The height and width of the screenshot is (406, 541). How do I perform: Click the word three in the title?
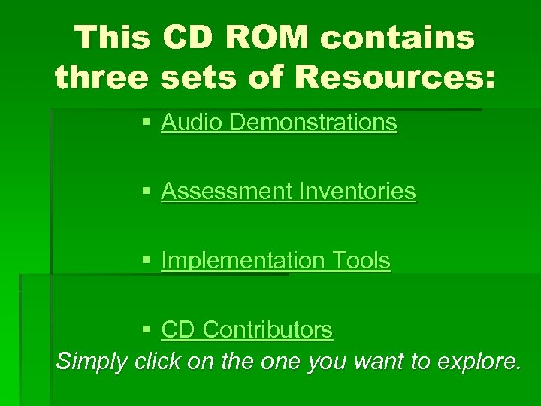pyautogui.click(x=101, y=77)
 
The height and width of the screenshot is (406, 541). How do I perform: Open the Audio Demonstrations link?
pyautogui.click(x=279, y=123)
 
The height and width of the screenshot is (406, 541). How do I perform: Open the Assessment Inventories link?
pyautogui.click(x=288, y=192)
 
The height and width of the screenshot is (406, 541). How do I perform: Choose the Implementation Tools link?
pyautogui.click(x=275, y=261)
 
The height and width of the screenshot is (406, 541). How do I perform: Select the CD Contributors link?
pyautogui.click(x=246, y=329)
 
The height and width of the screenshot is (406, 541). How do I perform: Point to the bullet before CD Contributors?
pyautogui.click(x=147, y=330)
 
